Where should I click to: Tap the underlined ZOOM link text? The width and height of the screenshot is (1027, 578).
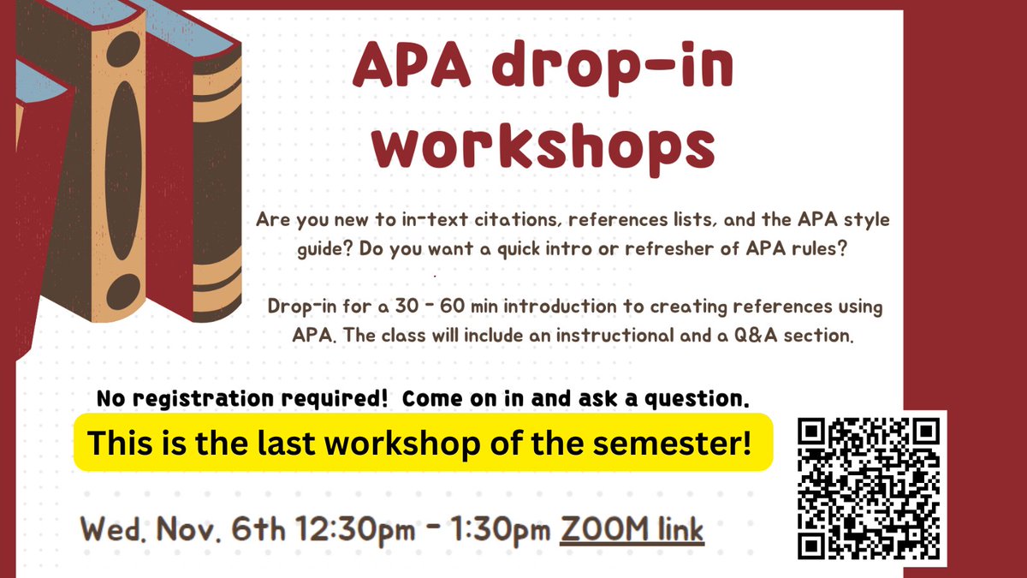click(x=632, y=529)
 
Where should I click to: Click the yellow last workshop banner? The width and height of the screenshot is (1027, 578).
click(x=423, y=442)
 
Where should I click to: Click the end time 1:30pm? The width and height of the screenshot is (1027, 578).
click(x=502, y=529)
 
